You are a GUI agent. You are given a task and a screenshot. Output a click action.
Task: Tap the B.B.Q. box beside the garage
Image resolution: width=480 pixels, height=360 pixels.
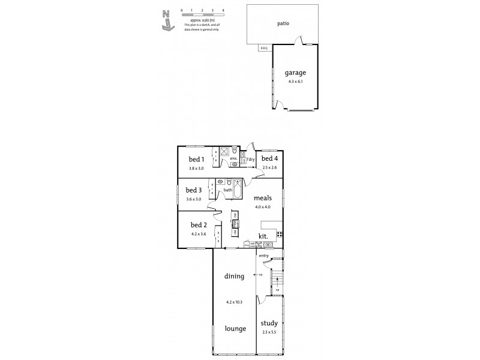pyautogui.click(x=264, y=49)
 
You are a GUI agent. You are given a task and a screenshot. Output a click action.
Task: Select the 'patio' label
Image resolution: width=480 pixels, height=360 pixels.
pyautogui.click(x=284, y=24)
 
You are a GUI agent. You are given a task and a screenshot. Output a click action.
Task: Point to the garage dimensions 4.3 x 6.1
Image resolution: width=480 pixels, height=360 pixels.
pyautogui.click(x=295, y=82)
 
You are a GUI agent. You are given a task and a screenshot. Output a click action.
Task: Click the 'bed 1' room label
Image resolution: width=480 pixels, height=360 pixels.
pyautogui.click(x=197, y=159)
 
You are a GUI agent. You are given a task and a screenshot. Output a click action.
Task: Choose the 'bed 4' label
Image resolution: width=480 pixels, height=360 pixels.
pyautogui.click(x=269, y=159)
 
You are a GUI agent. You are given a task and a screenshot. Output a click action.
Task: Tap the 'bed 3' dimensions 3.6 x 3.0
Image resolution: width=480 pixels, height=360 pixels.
pyautogui.click(x=193, y=199)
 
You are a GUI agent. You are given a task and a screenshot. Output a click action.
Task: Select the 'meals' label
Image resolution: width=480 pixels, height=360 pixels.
pyautogui.click(x=263, y=197)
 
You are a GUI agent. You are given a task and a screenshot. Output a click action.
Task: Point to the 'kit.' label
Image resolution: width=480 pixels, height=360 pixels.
pyautogui.click(x=263, y=236)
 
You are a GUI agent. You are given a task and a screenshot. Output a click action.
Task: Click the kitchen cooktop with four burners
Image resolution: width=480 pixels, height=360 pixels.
pyautogui.click(x=279, y=234)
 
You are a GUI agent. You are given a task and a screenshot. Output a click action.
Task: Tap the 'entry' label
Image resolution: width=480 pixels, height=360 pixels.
pyautogui.click(x=264, y=256)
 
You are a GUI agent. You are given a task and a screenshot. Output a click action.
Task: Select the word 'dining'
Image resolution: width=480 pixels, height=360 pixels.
pyautogui.click(x=234, y=277)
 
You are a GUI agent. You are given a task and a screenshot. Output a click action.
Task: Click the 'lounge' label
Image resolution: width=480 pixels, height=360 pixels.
pyautogui.click(x=234, y=328)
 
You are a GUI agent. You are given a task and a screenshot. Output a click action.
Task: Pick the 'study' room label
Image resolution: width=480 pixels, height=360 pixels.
pyautogui.click(x=269, y=323)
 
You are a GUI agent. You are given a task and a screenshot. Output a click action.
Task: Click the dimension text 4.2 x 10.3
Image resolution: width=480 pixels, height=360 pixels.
pyautogui.click(x=234, y=302)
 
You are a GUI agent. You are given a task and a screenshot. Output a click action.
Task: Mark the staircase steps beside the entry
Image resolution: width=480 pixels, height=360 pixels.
pyautogui.click(x=277, y=280)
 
